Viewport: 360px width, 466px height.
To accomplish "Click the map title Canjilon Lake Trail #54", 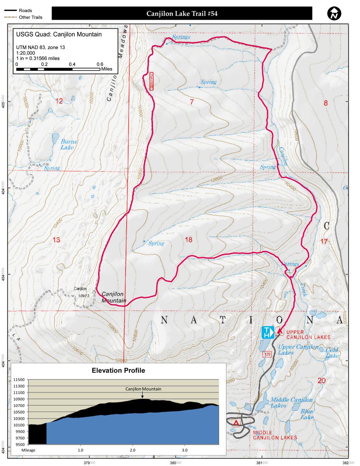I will click(182, 14).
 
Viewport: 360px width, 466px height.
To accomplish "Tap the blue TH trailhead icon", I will click(268, 333).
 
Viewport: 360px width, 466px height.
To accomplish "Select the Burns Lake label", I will click(69, 144).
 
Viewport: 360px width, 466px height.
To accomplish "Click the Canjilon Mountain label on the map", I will click(114, 297).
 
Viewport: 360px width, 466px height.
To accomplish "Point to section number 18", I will click(189, 240).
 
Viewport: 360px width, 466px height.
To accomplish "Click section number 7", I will click(191, 102).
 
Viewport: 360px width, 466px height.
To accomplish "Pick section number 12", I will click(59, 101).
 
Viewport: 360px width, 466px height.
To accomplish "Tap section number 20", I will click(321, 381).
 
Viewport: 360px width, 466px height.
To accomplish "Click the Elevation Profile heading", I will click(118, 370).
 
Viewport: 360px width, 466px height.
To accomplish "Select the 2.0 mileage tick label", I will click(133, 450).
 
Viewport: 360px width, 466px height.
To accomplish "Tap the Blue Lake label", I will click(307, 414).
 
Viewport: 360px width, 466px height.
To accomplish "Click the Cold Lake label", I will click(332, 353).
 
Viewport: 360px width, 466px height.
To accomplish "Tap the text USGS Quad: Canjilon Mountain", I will click(59, 34).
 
